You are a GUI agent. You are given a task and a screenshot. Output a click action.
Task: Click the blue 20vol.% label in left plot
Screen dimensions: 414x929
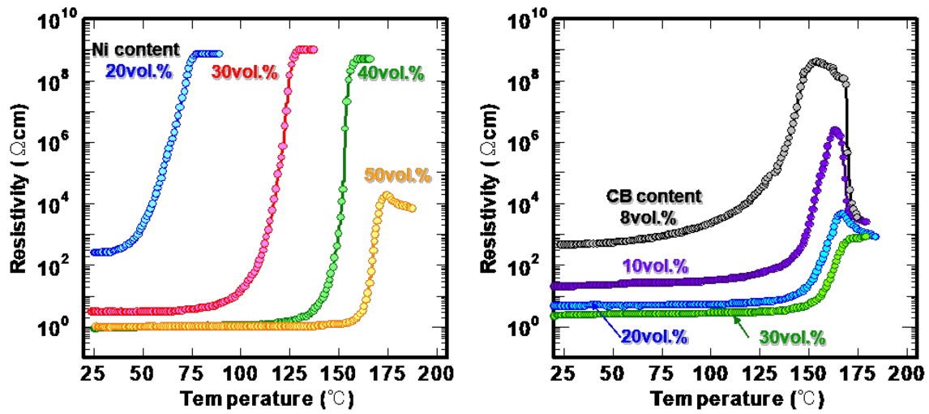[139, 71]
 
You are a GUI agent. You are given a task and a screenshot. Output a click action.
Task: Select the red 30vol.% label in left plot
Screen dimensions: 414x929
[245, 71]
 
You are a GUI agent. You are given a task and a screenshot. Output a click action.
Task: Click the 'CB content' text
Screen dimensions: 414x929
[655, 196]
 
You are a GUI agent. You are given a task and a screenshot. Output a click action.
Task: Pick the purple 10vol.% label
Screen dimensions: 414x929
[655, 265]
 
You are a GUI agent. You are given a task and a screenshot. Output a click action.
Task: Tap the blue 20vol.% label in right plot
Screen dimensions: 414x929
[655, 336]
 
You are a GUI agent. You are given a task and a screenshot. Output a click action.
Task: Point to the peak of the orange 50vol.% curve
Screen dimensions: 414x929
[387, 194]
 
